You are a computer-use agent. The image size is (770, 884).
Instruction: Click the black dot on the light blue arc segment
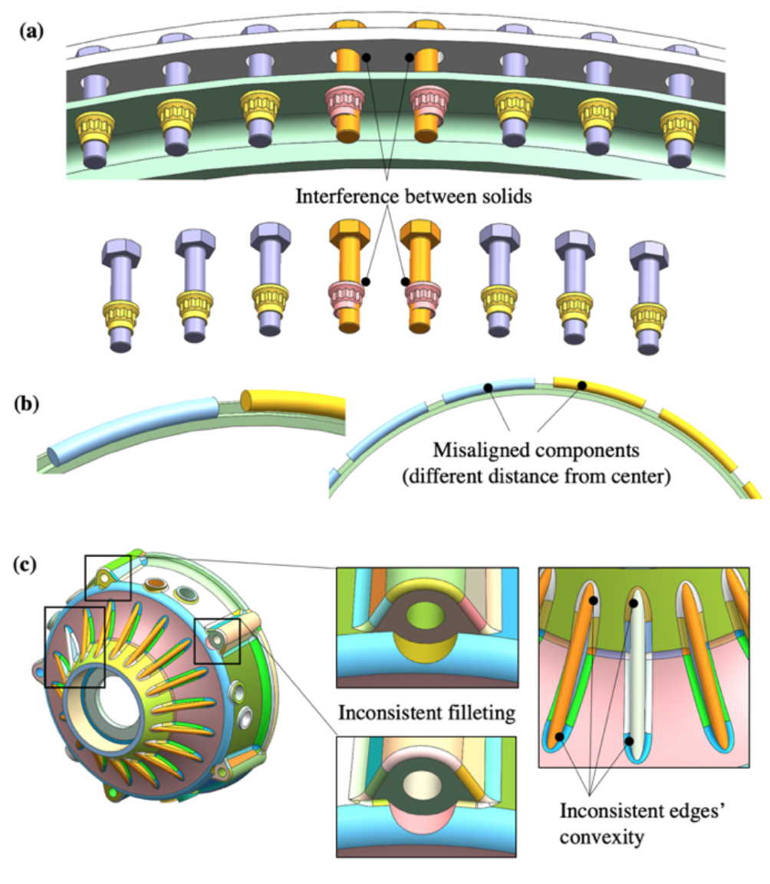pos(488,388)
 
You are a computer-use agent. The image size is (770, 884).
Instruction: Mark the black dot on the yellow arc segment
pos(581,385)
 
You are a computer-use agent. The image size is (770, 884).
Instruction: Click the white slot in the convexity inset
pos(633,675)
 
